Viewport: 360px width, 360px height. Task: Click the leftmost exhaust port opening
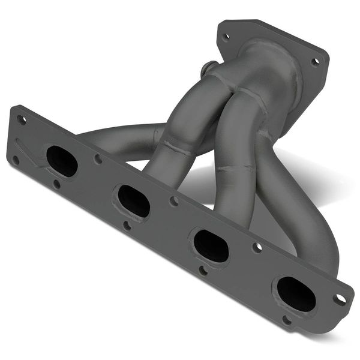(x=62, y=161)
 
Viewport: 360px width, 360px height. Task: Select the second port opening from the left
(x=133, y=201)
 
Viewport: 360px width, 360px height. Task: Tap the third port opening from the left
(x=211, y=245)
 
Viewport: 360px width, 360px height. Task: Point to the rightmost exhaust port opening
(x=296, y=294)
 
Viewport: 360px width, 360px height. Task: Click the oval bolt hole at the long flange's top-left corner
(x=22, y=119)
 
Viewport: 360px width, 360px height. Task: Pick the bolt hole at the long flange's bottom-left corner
(x=16, y=160)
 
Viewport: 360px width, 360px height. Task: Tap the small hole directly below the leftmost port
(x=56, y=184)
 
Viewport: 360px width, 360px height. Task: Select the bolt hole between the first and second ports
(x=98, y=159)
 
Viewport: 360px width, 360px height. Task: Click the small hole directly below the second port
(x=127, y=226)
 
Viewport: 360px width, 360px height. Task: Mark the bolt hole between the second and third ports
(x=174, y=201)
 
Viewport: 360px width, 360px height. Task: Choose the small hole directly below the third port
(x=203, y=270)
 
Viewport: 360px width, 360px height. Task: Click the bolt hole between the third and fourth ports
(x=257, y=247)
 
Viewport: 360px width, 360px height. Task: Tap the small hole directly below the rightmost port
(x=287, y=320)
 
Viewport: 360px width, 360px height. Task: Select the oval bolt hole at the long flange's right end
(x=340, y=298)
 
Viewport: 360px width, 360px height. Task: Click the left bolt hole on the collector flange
(x=226, y=37)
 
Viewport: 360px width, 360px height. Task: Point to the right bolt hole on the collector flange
(x=315, y=61)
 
